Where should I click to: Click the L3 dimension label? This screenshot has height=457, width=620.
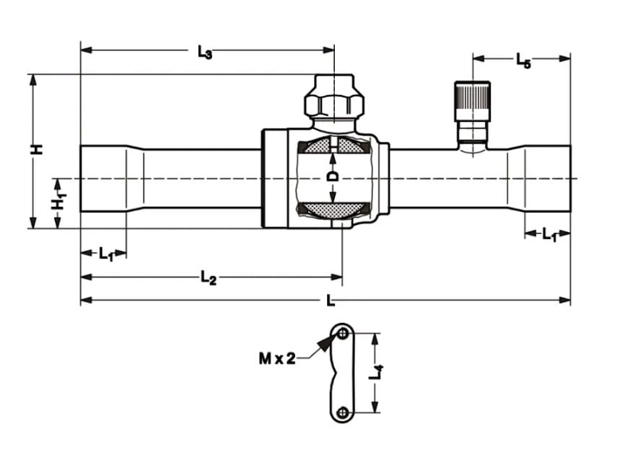point(205,53)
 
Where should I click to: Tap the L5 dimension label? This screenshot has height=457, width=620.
point(523,61)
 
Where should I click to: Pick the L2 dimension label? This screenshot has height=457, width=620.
point(208,278)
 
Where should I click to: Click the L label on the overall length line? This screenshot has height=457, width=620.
point(331,301)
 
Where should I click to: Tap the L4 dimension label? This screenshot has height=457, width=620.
point(375,373)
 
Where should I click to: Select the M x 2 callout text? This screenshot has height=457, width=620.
point(276,358)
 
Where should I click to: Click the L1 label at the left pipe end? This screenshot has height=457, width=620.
point(106,254)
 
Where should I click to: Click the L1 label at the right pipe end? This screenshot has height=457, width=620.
point(549,235)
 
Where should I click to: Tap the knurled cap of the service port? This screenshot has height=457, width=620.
point(472,101)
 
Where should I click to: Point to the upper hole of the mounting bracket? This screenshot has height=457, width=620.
point(343,333)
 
